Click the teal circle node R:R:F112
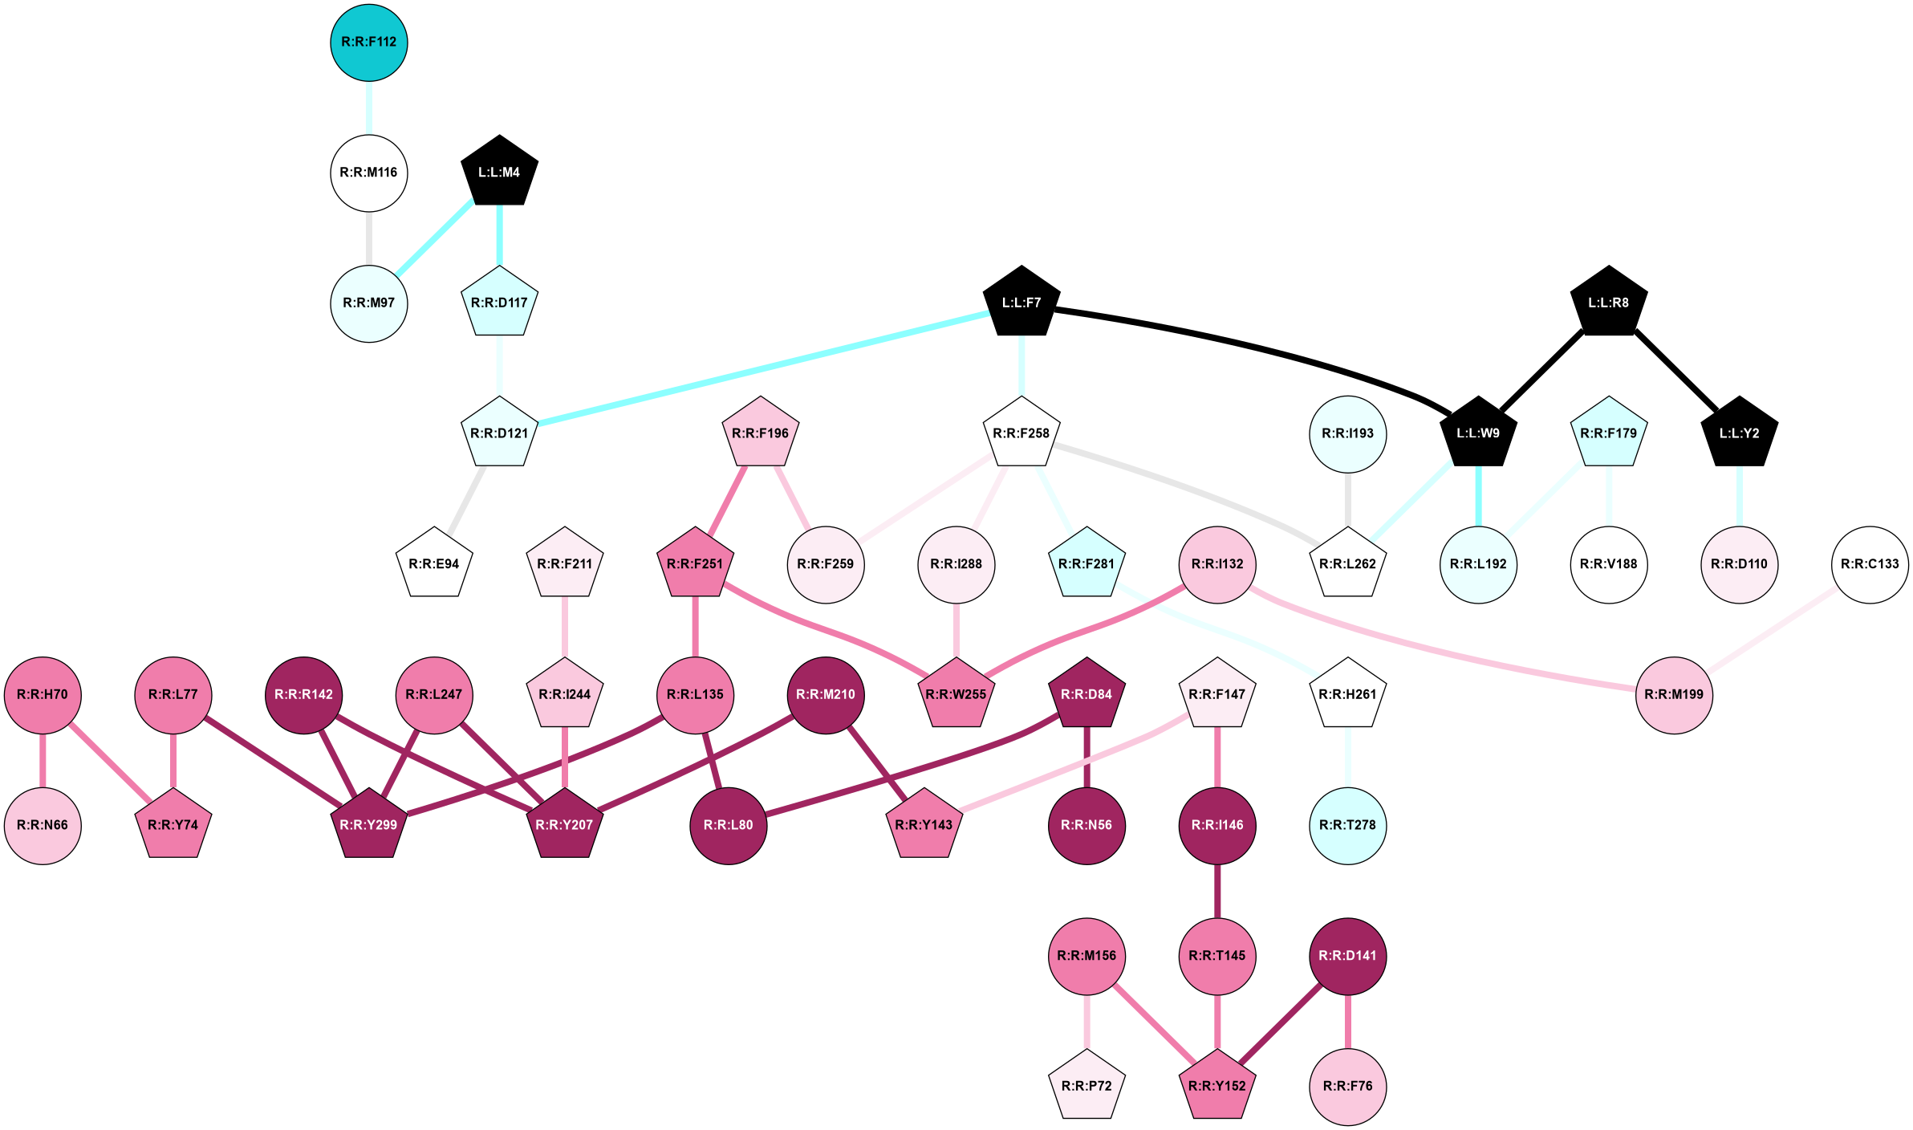(369, 43)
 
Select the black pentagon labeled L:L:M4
(499, 172)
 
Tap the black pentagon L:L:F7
(1021, 303)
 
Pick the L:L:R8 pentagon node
(1608, 303)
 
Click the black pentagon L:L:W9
(1478, 433)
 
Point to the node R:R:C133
(1870, 564)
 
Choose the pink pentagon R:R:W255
(956, 694)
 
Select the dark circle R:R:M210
(826, 694)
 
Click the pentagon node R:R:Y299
(369, 825)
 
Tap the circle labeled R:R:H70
(43, 694)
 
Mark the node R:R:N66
(43, 825)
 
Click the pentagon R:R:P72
(1086, 1086)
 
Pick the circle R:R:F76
(1347, 1086)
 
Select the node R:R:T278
(1347, 825)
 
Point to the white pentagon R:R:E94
(434, 564)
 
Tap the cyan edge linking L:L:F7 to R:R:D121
(762, 368)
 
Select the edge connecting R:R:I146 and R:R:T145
(1217, 891)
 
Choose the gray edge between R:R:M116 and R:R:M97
(369, 238)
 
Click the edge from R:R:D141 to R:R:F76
(1347, 1021)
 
